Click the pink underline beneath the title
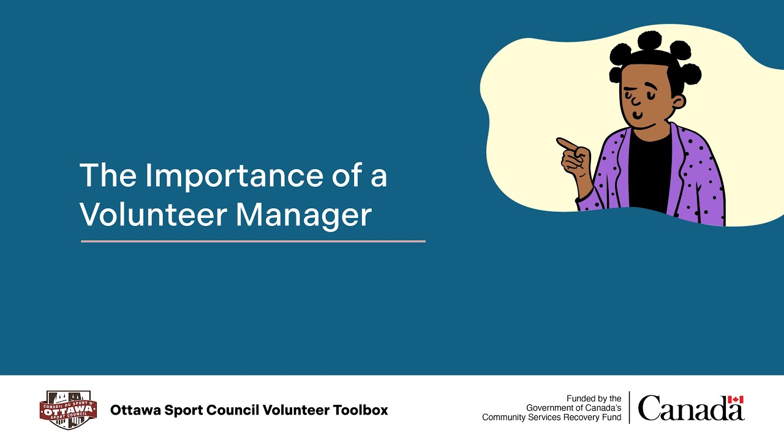point(253,241)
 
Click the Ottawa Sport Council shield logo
point(68,410)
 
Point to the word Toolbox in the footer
point(360,410)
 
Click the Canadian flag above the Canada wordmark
point(736,399)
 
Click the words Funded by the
point(594,398)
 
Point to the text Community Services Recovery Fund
point(551,418)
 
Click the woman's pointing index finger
point(567,144)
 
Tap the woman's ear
point(677,101)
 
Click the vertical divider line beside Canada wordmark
point(630,408)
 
